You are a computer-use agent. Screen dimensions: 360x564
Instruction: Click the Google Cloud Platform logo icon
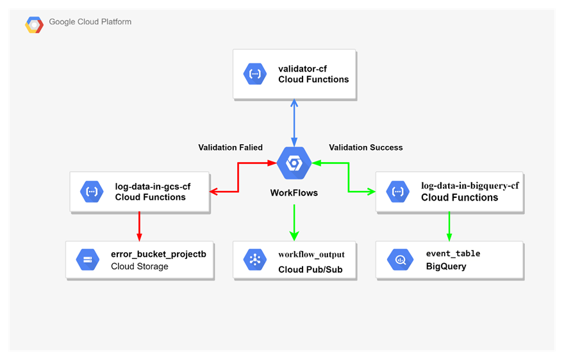(34, 24)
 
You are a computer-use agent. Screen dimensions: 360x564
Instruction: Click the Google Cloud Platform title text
(90, 22)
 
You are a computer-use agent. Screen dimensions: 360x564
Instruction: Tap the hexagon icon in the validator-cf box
(255, 74)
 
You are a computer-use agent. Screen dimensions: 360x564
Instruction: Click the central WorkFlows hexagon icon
(294, 163)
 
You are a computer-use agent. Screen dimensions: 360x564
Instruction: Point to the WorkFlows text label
(294, 192)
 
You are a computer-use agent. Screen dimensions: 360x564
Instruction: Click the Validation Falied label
(230, 147)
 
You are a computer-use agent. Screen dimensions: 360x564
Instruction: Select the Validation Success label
(366, 147)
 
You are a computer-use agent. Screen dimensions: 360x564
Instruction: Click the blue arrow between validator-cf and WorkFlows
(294, 122)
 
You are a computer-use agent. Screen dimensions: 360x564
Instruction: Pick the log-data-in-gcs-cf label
(153, 186)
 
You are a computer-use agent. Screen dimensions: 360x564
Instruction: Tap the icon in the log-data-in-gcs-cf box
(92, 192)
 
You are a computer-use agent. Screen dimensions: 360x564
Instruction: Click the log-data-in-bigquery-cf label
(470, 186)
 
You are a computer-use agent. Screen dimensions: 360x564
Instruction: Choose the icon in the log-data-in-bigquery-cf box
(398, 192)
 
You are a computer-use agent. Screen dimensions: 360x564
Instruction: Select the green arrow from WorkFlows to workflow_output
(294, 221)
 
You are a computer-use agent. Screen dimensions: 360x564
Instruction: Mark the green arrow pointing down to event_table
(449, 225)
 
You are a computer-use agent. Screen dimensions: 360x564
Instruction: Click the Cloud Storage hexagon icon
(88, 259)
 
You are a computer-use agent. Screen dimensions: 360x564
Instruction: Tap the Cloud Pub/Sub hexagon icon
(255, 259)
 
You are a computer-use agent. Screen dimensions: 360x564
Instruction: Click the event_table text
(452, 254)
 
